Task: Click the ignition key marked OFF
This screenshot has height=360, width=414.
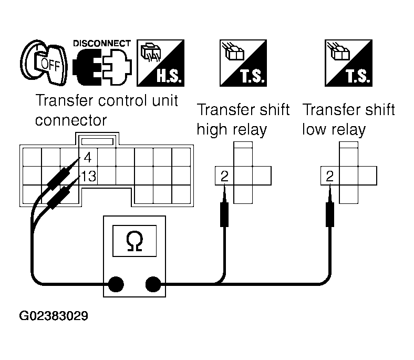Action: (x=44, y=63)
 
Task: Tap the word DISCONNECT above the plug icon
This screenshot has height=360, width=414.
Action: (x=102, y=43)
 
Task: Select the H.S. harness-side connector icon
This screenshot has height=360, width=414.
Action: (x=160, y=63)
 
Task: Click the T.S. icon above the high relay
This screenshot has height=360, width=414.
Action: (x=243, y=63)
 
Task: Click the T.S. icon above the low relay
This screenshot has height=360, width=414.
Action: (x=348, y=63)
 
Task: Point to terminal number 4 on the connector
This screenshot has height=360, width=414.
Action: (x=88, y=158)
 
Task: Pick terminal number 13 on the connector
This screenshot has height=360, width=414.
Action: (x=88, y=176)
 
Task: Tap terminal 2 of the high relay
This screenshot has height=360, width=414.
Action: (x=224, y=176)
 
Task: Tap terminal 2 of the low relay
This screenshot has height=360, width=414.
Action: (x=330, y=176)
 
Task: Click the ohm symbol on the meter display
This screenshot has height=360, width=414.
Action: (x=134, y=241)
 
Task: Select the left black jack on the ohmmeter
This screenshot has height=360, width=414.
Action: (x=116, y=284)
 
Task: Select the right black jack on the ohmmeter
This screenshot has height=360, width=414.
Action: (x=153, y=284)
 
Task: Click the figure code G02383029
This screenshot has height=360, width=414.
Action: (x=54, y=316)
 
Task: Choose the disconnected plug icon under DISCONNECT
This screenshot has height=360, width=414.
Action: (x=102, y=67)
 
